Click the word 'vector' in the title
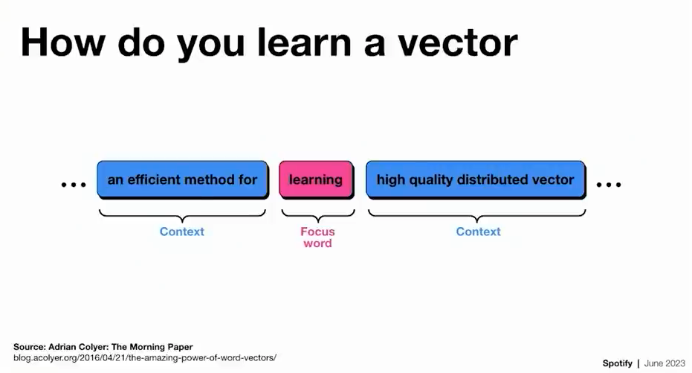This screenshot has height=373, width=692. pyautogui.click(x=457, y=43)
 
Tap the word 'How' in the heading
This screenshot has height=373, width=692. pyautogui.click(x=62, y=42)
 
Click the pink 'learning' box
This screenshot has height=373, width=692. pyautogui.click(x=316, y=179)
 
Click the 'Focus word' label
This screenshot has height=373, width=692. pyautogui.click(x=318, y=237)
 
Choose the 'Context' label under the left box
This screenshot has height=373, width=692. pyautogui.click(x=182, y=232)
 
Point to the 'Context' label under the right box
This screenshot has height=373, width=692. pyautogui.click(x=479, y=232)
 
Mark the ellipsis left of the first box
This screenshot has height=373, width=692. pyautogui.click(x=74, y=185)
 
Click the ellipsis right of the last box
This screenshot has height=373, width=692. pyautogui.click(x=609, y=185)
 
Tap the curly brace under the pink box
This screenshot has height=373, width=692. pyautogui.click(x=318, y=216)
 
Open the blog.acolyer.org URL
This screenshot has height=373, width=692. pyautogui.click(x=145, y=358)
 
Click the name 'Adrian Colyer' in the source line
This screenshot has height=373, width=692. pyautogui.click(x=77, y=347)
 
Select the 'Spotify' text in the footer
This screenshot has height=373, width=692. pyautogui.click(x=618, y=363)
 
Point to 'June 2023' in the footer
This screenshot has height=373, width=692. pyautogui.click(x=664, y=363)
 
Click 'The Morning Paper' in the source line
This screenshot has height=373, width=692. pyautogui.click(x=152, y=347)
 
